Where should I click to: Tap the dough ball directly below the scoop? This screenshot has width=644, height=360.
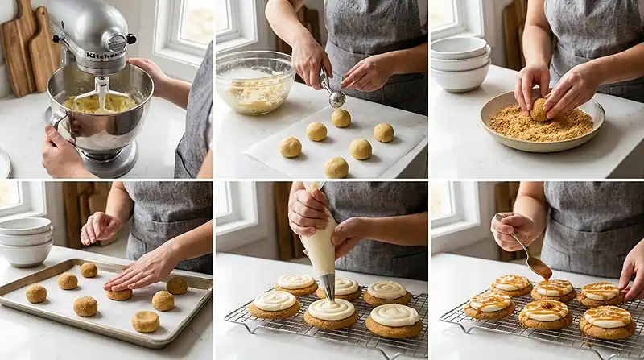[341, 118]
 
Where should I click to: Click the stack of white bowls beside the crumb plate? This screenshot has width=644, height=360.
[460, 64]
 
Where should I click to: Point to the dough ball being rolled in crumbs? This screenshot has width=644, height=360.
[539, 110]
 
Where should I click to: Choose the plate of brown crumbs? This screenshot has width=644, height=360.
[543, 123]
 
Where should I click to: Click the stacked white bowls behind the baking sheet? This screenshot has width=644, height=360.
[25, 241]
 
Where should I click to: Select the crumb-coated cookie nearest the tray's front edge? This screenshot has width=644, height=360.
[146, 321]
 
